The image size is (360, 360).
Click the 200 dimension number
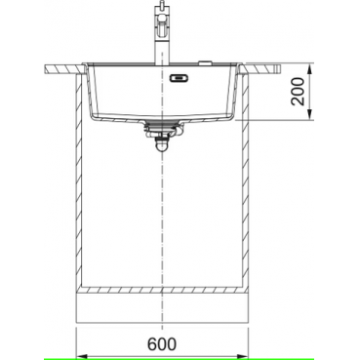pos(299,92)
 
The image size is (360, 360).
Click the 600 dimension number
pos(162,343)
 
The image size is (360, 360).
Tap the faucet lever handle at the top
pos(161,7)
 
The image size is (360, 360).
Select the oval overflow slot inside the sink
pos(179,78)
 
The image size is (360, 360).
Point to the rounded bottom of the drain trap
pos(162,148)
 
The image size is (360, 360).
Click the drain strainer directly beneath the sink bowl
pos(162,123)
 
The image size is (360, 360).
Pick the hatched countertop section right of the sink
pos(260,69)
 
